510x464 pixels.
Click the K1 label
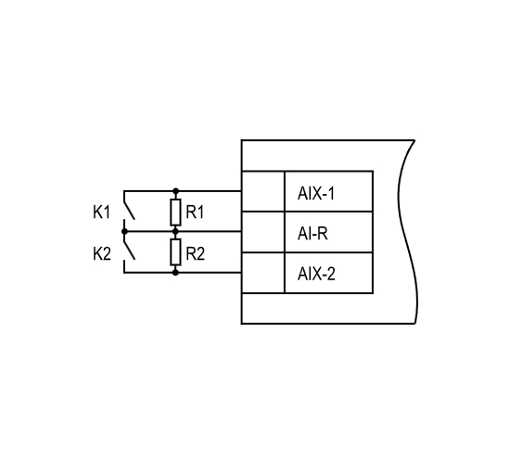pyautogui.click(x=101, y=213)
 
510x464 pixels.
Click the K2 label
pyautogui.click(x=102, y=253)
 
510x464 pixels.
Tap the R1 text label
pyautogui.click(x=195, y=213)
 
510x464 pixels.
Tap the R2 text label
pyautogui.click(x=195, y=253)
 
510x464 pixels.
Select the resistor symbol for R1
pyautogui.click(x=175, y=213)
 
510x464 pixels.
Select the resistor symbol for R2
pyautogui.click(x=175, y=252)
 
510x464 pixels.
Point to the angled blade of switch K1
pyautogui.click(x=129, y=211)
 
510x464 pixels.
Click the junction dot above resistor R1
pyautogui.click(x=175, y=191)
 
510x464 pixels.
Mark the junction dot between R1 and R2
pyautogui.click(x=175, y=231)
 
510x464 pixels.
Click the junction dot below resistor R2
pyautogui.click(x=175, y=272)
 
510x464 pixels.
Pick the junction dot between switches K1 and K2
pyautogui.click(x=124, y=231)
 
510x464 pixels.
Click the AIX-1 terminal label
pyautogui.click(x=316, y=193)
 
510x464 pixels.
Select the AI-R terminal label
pyautogui.click(x=312, y=234)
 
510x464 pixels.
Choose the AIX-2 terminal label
pyautogui.click(x=316, y=274)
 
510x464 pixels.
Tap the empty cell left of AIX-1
pyautogui.click(x=263, y=191)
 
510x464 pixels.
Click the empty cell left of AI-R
pyautogui.click(x=263, y=232)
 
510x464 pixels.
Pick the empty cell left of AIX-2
pyautogui.click(x=263, y=273)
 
